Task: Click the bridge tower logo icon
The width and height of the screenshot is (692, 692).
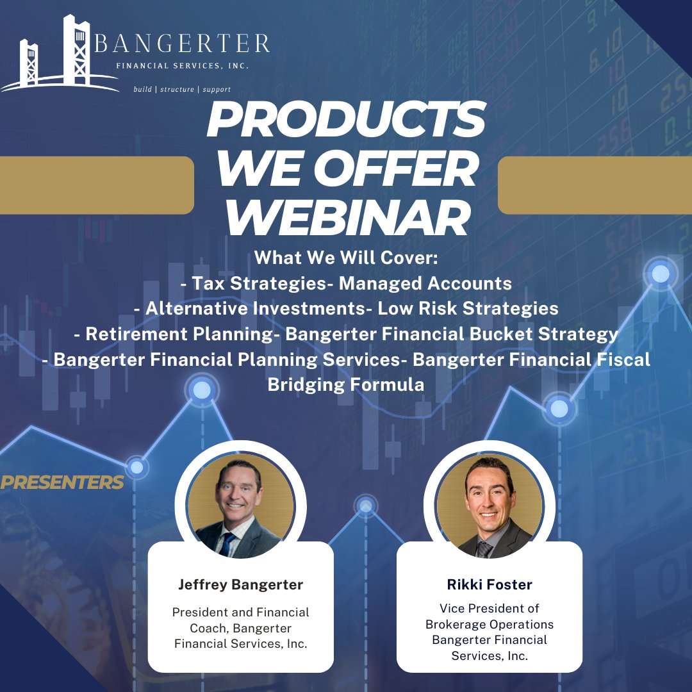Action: click(x=58, y=54)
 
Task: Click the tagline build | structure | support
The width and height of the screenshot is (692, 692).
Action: click(x=181, y=90)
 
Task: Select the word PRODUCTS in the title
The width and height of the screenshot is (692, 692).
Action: click(x=345, y=120)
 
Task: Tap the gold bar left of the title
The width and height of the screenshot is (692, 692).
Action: click(x=96, y=185)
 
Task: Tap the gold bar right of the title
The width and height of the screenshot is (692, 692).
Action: click(x=595, y=185)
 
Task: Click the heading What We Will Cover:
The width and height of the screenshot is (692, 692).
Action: click(x=345, y=258)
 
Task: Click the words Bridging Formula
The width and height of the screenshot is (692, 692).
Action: click(x=345, y=385)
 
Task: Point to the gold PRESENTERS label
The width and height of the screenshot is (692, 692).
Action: click(x=62, y=482)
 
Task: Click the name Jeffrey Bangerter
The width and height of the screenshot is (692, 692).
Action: click(x=240, y=584)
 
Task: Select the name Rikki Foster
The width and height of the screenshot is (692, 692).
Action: click(x=490, y=584)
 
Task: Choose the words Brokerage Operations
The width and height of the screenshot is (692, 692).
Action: click(x=490, y=624)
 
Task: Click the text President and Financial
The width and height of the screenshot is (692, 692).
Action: click(x=240, y=613)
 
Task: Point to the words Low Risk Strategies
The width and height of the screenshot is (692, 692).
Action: click(x=468, y=308)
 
